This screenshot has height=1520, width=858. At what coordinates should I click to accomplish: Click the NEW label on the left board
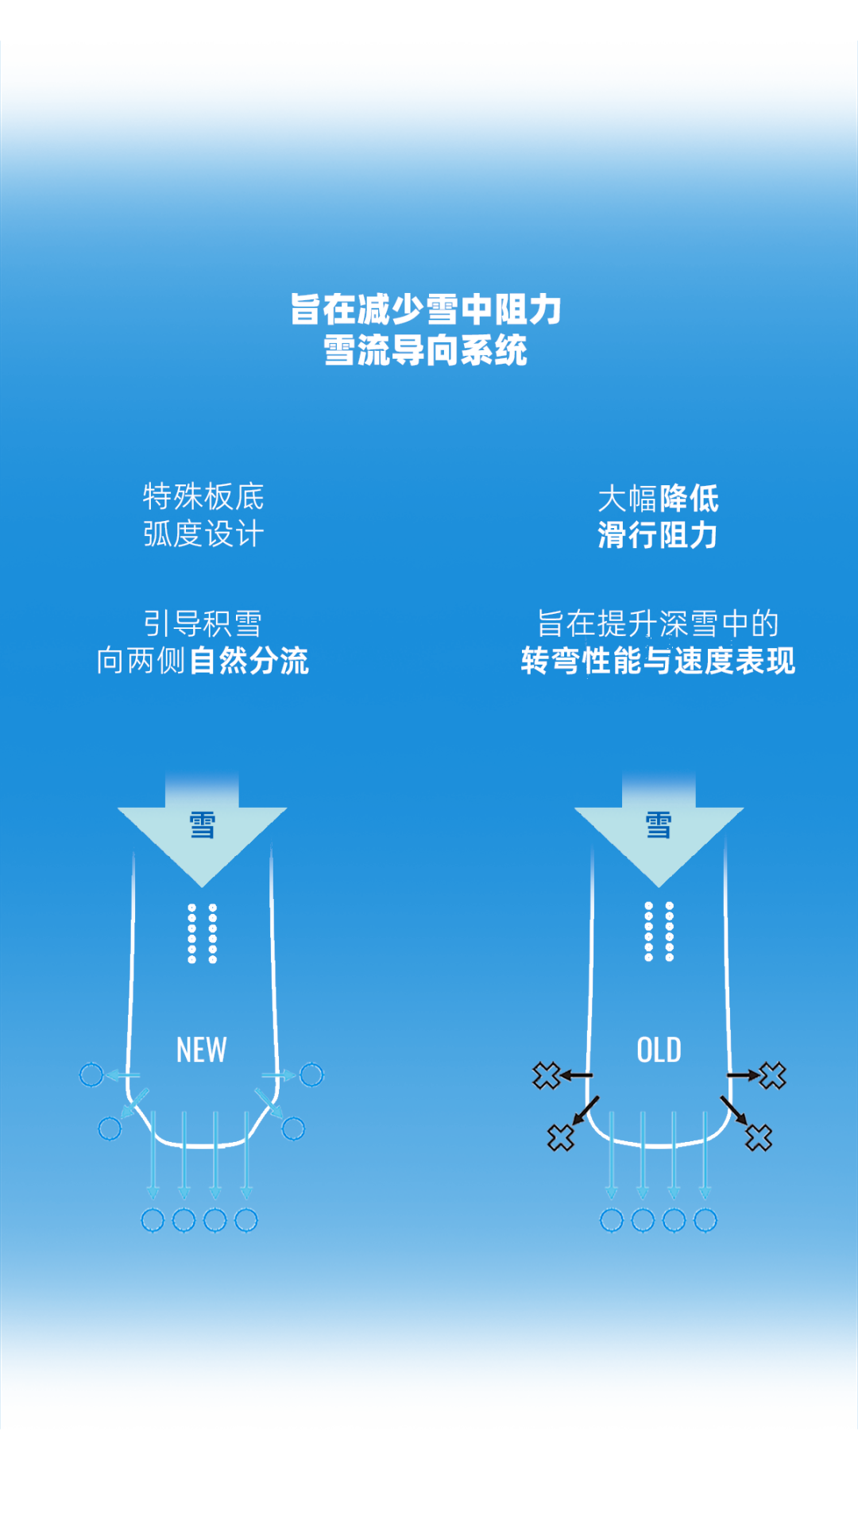pos(202,1050)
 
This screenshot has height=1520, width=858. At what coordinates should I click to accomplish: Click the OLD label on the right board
pos(659,1050)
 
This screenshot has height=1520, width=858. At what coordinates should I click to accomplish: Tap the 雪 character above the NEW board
pos(202,825)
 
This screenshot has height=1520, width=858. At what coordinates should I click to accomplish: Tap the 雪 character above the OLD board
pos(659,825)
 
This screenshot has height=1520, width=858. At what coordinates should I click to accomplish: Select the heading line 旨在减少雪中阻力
pos(426,309)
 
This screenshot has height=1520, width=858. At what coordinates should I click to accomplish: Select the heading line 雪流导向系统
pos(426,350)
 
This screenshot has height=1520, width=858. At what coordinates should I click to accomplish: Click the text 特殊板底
pos(203,497)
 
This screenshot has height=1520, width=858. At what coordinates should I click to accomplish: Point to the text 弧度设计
pos(203,534)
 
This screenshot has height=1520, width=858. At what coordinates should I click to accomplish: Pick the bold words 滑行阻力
pos(658,535)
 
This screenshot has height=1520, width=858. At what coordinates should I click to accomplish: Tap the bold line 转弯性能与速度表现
pos(658,661)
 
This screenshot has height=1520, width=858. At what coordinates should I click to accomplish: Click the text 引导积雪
pos(203,623)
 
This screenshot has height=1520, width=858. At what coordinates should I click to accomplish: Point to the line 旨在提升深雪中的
pos(658,623)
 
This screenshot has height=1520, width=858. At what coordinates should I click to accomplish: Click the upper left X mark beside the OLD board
pos(546,1076)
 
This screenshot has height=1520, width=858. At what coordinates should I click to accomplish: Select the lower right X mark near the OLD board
pos(759,1138)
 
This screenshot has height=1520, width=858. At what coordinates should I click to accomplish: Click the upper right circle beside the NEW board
pos(311,1075)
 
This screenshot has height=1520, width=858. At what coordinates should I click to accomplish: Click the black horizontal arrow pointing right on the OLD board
pos(744,1075)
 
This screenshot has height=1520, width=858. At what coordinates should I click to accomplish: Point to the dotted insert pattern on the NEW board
pos(202,933)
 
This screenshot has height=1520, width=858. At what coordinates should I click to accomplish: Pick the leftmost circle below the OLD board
pos(611,1219)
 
